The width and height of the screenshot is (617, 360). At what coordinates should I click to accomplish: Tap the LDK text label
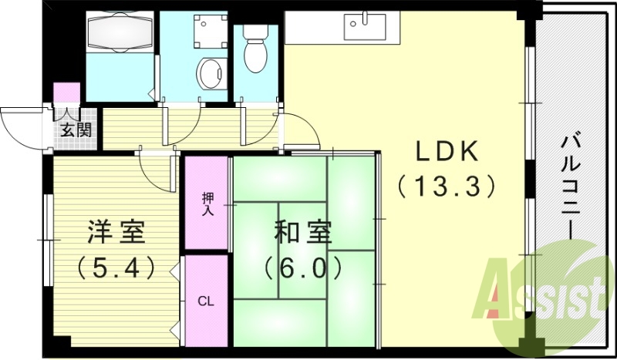447,151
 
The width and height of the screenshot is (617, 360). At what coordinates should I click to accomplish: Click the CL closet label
206,301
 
